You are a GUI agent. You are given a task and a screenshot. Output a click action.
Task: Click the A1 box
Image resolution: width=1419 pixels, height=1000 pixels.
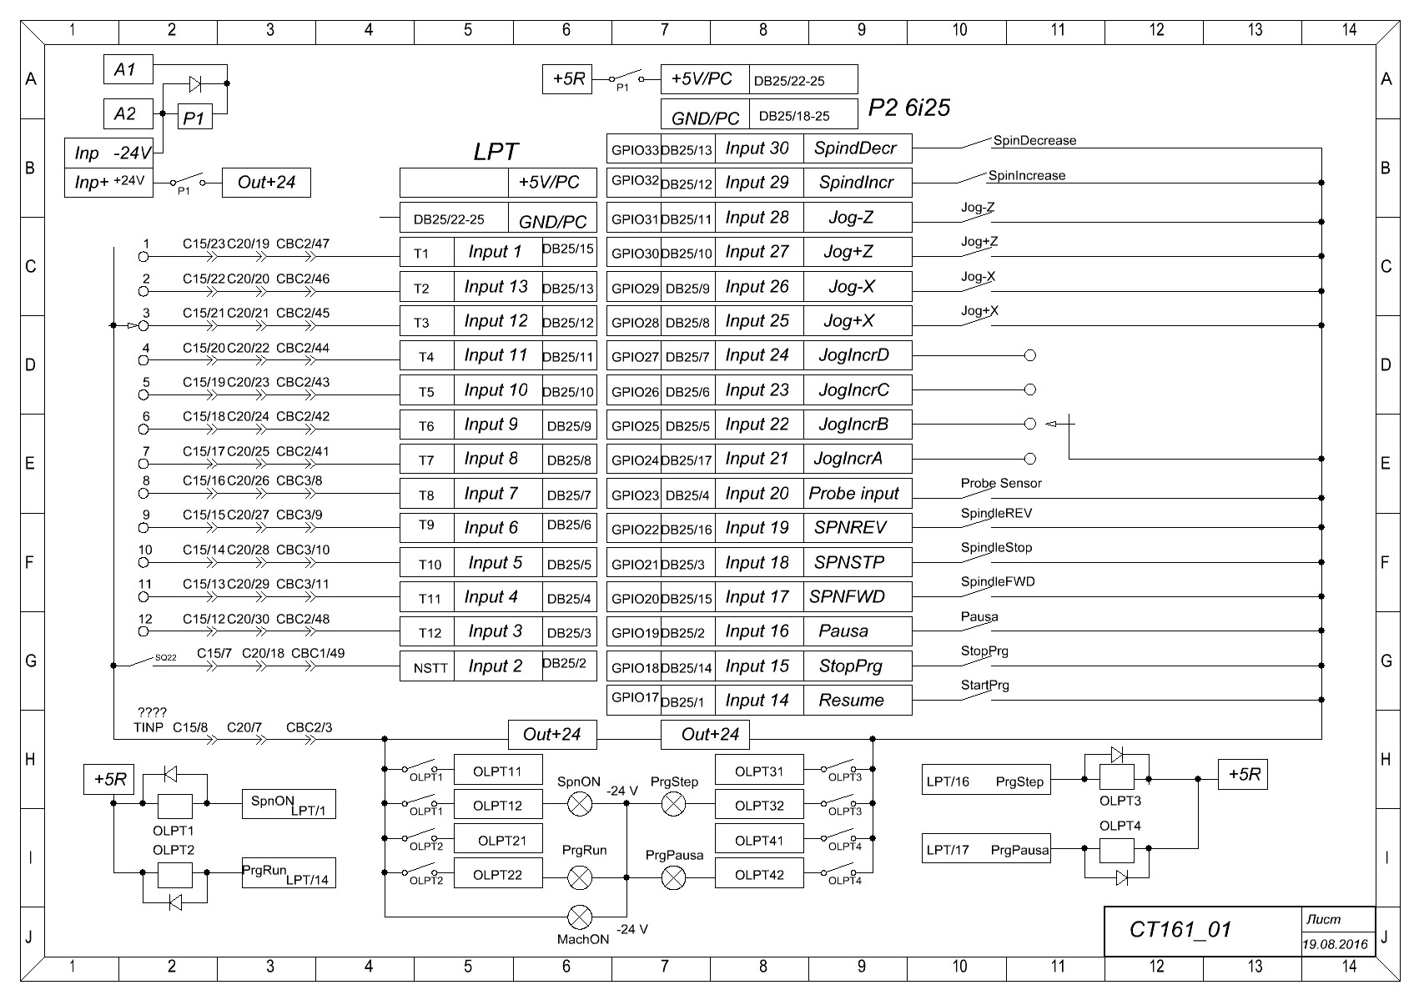[128, 69]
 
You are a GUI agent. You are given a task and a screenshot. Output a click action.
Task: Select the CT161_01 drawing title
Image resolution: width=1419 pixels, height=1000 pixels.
[1180, 930]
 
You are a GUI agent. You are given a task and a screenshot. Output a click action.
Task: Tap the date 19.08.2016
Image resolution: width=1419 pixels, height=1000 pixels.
[1336, 945]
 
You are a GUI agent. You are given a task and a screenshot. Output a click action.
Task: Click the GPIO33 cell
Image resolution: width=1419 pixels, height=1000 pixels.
[633, 149]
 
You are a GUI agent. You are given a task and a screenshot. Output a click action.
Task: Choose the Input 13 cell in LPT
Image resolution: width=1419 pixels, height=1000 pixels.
[497, 287]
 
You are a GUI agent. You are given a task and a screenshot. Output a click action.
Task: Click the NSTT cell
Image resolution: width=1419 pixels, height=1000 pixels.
[430, 667]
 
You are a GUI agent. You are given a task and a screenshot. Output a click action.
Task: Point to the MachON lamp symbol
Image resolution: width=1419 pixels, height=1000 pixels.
[580, 917]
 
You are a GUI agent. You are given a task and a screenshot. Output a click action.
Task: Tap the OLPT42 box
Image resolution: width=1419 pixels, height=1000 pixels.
[759, 875]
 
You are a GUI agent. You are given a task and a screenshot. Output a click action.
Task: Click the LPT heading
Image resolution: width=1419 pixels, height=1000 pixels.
[496, 152]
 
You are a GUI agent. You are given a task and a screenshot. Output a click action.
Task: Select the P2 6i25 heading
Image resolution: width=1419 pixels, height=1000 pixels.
[908, 108]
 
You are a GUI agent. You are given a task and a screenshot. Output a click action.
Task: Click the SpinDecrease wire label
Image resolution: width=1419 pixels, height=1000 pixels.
[1034, 141]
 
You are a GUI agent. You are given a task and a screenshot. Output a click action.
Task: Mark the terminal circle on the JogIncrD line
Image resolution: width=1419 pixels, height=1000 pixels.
[1029, 355]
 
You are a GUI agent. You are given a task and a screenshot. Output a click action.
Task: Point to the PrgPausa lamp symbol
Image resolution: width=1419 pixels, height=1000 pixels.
[673, 877]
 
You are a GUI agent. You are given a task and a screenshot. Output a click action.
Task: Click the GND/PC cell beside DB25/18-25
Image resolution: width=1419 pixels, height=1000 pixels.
[705, 118]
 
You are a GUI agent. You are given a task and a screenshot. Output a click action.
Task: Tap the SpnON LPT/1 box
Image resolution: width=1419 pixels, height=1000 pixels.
[289, 805]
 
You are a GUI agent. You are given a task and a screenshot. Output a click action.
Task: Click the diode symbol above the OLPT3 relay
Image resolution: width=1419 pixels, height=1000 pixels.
[1116, 755]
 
